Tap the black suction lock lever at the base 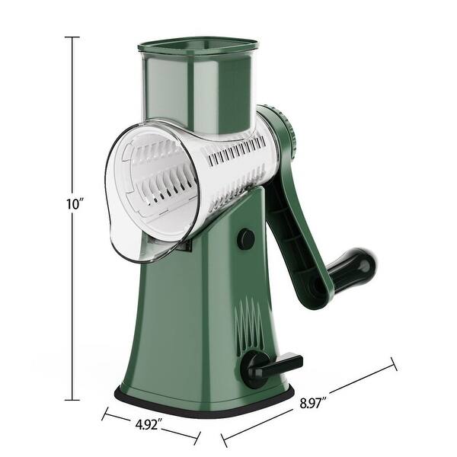pyautogui.click(x=274, y=364)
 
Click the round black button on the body pyautogui.click(x=245, y=239)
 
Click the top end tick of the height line pyautogui.click(x=72, y=37)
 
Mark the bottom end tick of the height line pyautogui.click(x=72, y=399)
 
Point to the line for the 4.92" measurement pyautogui.click(x=114, y=417)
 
